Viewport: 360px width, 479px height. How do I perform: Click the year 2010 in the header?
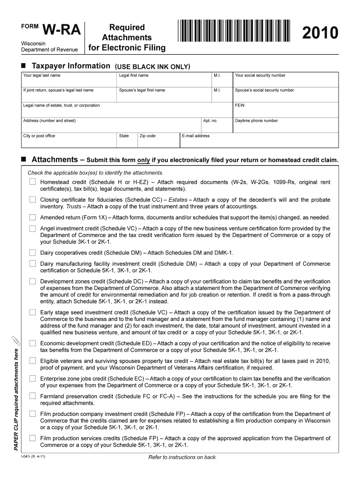coord(320,33)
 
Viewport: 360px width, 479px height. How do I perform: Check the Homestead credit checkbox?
coord(32,181)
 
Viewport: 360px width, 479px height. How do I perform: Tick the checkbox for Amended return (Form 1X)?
coord(32,217)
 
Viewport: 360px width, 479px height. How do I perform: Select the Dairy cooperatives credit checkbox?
coord(32,252)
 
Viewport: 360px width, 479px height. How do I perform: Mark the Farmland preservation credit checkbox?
coord(32,396)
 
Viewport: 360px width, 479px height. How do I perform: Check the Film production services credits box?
coord(32,438)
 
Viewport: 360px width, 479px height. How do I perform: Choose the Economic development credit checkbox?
coord(32,343)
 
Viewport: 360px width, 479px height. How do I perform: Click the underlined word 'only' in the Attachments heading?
coord(144,160)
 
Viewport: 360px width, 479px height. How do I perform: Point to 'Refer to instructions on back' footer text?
coord(182,457)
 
